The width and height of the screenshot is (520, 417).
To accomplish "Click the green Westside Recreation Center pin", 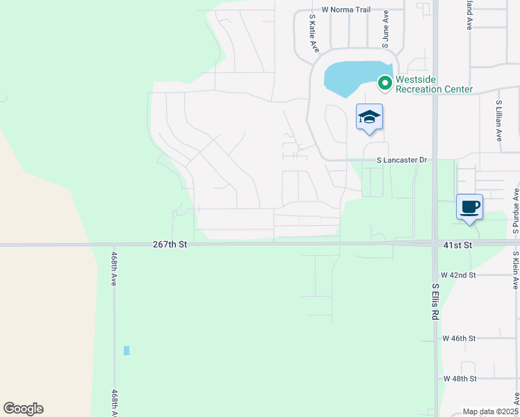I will coord(384,83).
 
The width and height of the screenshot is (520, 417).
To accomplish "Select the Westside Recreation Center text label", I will coord(434,84).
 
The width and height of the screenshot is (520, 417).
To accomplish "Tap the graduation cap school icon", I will coord(369,117).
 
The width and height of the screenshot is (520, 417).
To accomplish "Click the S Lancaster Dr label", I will coord(401,160).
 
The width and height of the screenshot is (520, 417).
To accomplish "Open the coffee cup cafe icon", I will coord(469,207).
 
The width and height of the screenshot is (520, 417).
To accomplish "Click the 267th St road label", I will coord(170,245).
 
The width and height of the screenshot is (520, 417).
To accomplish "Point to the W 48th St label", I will coord(460,379).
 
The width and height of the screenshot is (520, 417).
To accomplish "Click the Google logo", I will coord(23,409).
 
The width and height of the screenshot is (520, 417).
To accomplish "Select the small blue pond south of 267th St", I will coord(127,350).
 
